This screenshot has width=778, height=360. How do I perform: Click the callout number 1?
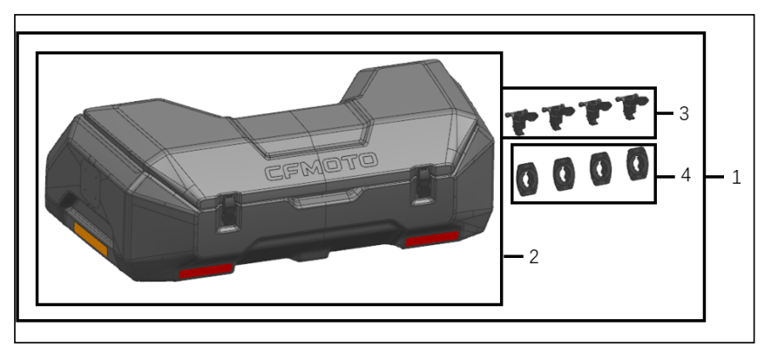[736, 177]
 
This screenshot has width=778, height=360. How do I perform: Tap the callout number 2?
[534, 257]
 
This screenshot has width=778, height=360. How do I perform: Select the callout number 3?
[684, 113]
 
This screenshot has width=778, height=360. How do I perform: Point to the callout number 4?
[686, 175]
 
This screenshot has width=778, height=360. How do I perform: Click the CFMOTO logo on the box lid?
[321, 166]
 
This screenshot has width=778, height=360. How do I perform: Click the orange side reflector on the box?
[91, 240]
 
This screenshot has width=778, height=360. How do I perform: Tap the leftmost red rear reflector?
[206, 271]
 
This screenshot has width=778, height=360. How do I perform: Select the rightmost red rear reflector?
[432, 240]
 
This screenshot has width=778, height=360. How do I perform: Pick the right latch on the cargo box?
[423, 187]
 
